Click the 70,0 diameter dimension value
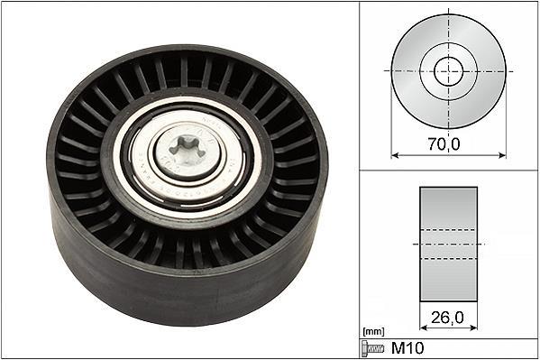point(444,143)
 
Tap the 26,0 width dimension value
point(447,318)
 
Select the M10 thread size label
point(407,348)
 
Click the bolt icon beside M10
point(372,348)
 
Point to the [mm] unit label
point(373,332)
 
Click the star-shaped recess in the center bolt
point(187,149)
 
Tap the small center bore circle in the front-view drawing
point(448,71)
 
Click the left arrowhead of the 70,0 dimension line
point(395,155)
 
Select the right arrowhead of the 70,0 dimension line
point(502,155)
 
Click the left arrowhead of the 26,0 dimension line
point(424,328)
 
